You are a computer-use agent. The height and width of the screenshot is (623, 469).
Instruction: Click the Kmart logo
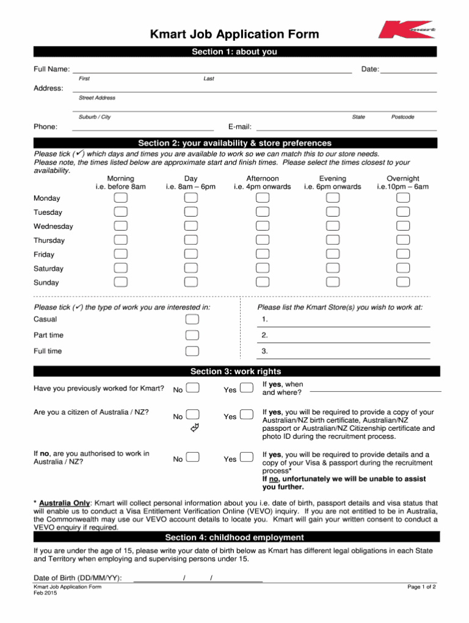pyautogui.click(x=405, y=30)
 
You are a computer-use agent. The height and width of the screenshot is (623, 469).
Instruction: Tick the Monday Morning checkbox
pyautogui.click(x=121, y=198)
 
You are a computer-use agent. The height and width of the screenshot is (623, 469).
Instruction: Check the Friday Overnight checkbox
pyautogui.click(x=402, y=254)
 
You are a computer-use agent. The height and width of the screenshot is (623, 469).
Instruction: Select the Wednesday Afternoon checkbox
pyautogui.click(x=262, y=226)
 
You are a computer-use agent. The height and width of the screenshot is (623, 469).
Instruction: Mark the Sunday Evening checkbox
pyautogui.click(x=332, y=282)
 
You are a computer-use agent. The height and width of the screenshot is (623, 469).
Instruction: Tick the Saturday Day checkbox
pyautogui.click(x=191, y=268)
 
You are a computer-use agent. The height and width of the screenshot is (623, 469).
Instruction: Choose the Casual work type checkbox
pyautogui.click(x=192, y=319)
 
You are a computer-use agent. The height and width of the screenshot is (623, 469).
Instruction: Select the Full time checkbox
pyautogui.click(x=192, y=351)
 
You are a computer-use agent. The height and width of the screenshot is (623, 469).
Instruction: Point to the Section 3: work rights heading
pyautogui.click(x=236, y=371)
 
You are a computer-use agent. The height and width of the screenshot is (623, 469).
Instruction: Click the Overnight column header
pyautogui.click(x=402, y=182)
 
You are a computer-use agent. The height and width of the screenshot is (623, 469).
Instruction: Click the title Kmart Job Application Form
pyautogui.click(x=234, y=34)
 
